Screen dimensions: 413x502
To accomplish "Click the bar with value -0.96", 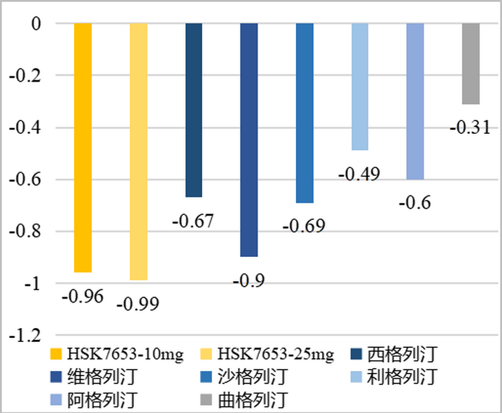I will coord(82,147).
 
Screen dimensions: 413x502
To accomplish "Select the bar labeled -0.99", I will coord(138,151).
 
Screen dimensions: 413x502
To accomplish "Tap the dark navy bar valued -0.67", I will coord(193,110).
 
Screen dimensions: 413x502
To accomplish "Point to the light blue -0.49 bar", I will coord(360,86).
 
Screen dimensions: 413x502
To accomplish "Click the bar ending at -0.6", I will coord(415,101).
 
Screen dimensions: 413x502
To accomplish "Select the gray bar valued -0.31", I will coord(471,64).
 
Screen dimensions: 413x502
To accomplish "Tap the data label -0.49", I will coord(359,174).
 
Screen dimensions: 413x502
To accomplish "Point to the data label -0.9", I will coord(248,280).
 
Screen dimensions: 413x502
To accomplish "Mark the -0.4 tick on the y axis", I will coord(25,128).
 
